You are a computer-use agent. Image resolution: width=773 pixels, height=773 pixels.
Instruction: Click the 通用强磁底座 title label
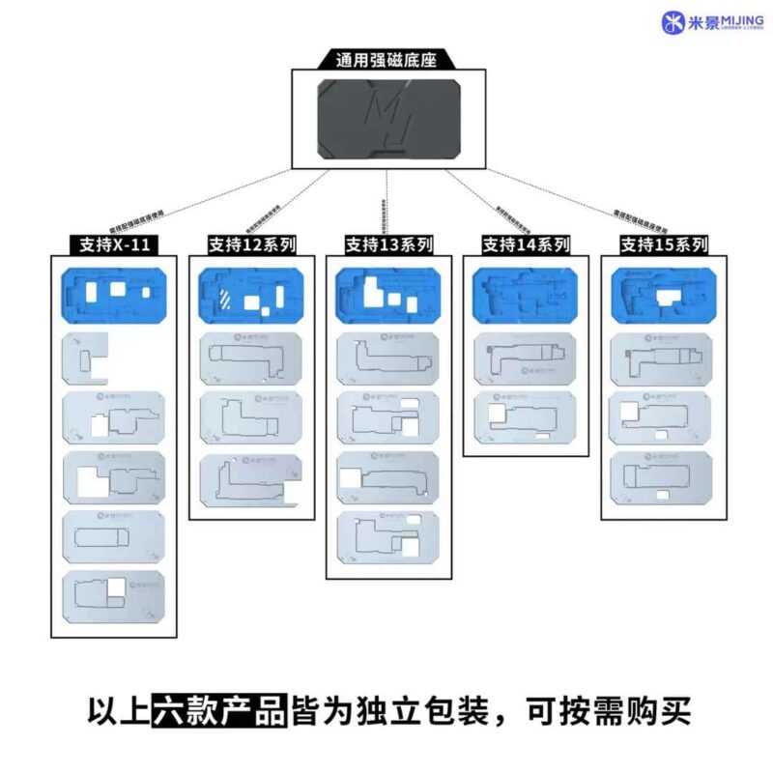tap(386, 60)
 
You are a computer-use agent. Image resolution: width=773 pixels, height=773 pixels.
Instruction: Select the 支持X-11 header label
tap(114, 243)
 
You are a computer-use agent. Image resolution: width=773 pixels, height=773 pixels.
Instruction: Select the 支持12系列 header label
tap(251, 243)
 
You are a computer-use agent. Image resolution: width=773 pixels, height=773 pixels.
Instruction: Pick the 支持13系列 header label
tap(388, 243)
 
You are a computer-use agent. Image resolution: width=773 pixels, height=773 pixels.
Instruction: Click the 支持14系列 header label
tap(526, 243)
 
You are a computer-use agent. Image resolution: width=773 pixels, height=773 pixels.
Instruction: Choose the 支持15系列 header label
tap(662, 243)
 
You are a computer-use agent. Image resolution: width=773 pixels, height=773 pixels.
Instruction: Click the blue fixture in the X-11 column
tap(114, 294)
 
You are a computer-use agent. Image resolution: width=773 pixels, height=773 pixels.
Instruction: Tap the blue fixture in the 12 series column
tap(251, 295)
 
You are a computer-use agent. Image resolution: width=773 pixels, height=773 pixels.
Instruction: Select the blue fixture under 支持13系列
tap(388, 295)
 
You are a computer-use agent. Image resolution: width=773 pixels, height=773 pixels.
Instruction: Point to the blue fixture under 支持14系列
tap(526, 295)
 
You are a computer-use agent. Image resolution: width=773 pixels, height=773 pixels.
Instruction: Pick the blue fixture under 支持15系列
tap(662, 295)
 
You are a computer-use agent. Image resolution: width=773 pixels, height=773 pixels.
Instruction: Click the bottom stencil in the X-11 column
tap(114, 599)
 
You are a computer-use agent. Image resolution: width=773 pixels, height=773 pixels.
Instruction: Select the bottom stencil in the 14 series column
tap(526, 416)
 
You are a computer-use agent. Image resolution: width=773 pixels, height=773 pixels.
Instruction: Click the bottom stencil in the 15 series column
tap(662, 477)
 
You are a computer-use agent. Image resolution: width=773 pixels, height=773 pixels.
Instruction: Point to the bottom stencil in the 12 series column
tap(251, 480)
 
